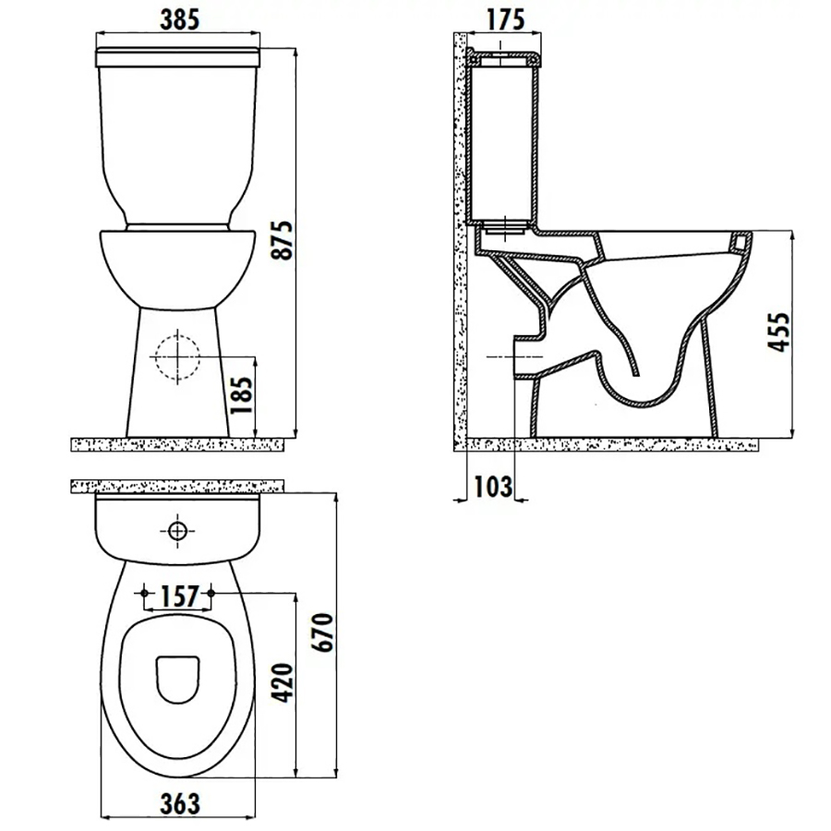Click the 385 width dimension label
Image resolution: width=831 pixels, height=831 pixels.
pyautogui.click(x=179, y=19)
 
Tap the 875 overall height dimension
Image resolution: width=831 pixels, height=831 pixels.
pyautogui.click(x=282, y=240)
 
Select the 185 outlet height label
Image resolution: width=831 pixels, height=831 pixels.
pyautogui.click(x=241, y=395)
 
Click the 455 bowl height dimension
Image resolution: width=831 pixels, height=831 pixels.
pyautogui.click(x=778, y=332)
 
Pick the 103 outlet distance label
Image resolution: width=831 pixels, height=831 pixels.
pyautogui.click(x=493, y=487)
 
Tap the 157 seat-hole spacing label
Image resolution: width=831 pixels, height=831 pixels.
pyautogui.click(x=179, y=596)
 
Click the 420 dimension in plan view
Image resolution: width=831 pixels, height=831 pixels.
pyautogui.click(x=282, y=682)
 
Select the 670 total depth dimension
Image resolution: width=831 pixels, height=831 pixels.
pyautogui.click(x=323, y=632)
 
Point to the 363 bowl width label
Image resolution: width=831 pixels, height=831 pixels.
pyautogui.click(x=180, y=804)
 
